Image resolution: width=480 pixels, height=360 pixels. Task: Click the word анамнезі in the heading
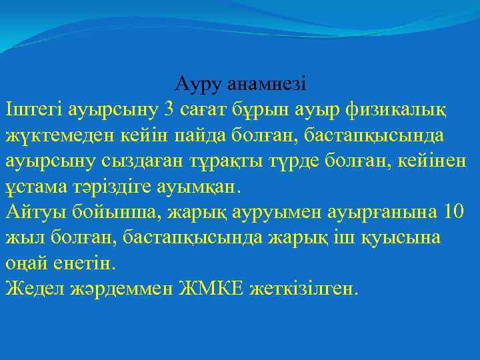[x=267, y=85]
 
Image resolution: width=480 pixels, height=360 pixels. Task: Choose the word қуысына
[x=407, y=238]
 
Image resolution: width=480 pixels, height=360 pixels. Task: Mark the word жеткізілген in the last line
[x=305, y=289]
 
